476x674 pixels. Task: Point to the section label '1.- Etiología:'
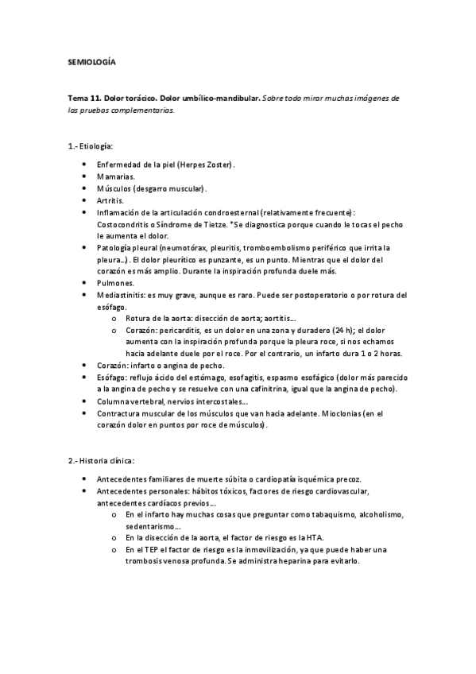coord(91,147)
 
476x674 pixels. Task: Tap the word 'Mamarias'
coord(115,176)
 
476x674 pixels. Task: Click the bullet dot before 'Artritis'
coord(84,201)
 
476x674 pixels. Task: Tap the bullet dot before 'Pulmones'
coord(84,283)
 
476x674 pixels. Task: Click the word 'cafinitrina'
coord(280,389)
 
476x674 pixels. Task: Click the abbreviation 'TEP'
coord(153,549)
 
